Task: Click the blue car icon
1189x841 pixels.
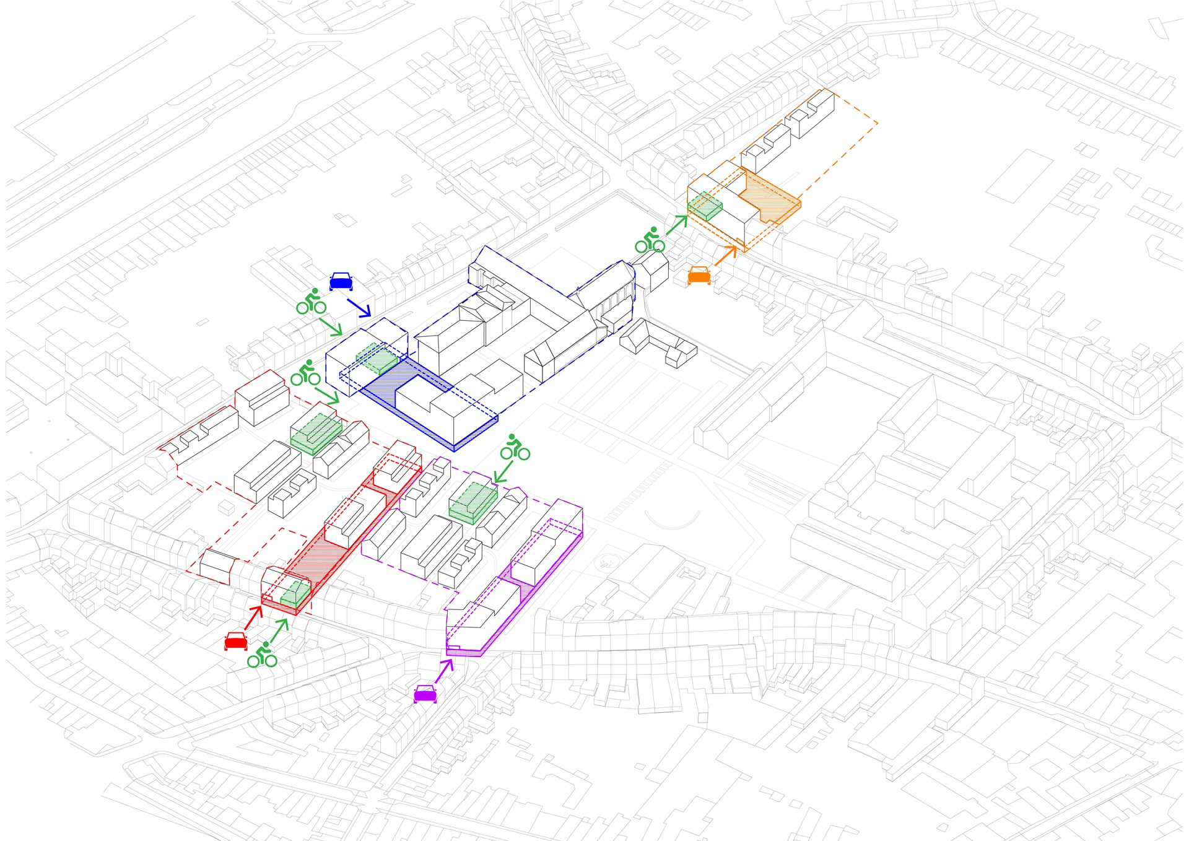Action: point(341,281)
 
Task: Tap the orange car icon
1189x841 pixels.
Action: point(699,275)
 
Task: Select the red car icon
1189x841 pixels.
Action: point(236,641)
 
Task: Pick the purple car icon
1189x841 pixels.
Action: point(425,694)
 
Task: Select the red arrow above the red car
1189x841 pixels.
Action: point(254,617)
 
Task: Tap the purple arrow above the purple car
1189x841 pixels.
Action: point(445,671)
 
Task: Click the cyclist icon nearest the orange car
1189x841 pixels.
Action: point(650,240)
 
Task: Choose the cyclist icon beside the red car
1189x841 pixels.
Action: point(262,655)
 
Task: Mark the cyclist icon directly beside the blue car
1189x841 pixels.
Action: point(311,302)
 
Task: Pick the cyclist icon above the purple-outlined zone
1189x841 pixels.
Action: point(515,447)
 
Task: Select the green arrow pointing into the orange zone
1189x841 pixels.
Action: point(677,224)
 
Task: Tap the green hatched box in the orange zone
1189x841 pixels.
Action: point(705,205)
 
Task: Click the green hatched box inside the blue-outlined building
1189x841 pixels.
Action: point(377,359)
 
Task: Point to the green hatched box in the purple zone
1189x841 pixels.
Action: point(474,502)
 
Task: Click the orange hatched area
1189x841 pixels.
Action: point(772,198)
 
